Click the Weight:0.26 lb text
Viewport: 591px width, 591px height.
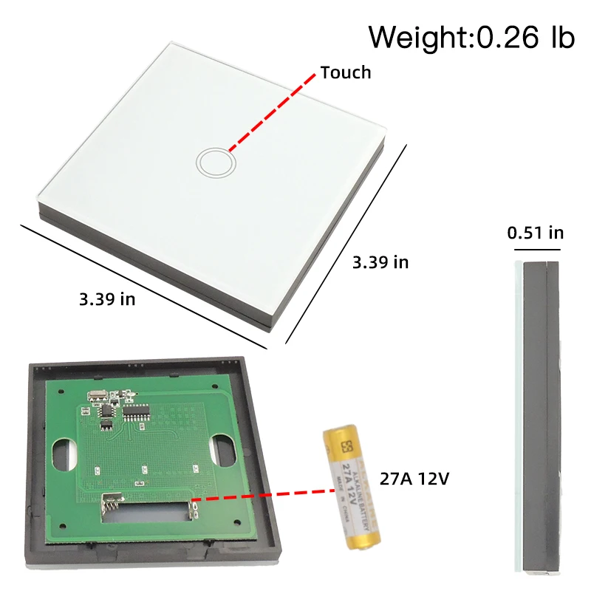click(471, 36)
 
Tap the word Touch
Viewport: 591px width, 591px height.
click(345, 72)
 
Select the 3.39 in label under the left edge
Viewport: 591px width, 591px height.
click(107, 298)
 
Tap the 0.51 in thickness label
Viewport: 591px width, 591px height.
click(536, 233)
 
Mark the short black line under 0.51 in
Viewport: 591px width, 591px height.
click(536, 250)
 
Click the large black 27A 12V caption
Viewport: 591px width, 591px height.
click(414, 478)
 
